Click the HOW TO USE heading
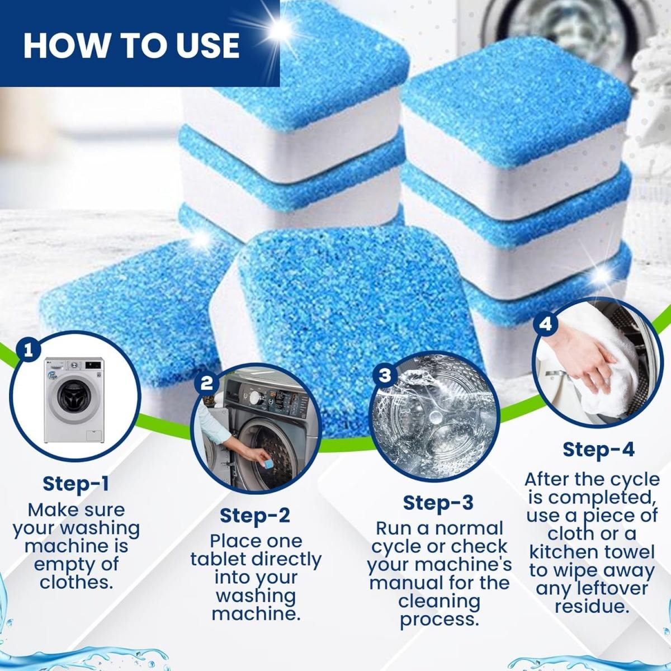coord(131,45)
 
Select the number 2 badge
coord(206,384)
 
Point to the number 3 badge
coord(385,375)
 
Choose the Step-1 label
coord(76,483)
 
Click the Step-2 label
coord(255,515)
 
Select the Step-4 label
coord(598,449)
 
